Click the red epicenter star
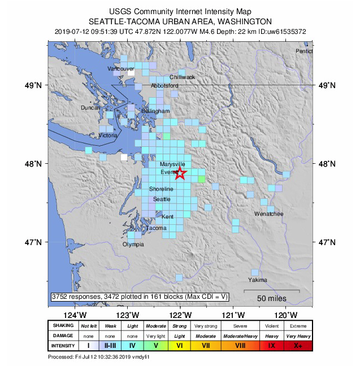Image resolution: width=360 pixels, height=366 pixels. (180, 173)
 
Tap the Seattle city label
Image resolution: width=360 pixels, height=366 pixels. (162, 199)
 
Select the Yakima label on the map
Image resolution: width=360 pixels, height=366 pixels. (257, 280)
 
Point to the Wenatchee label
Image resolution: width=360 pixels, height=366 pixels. (268, 215)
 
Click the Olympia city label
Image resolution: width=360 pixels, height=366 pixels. (133, 245)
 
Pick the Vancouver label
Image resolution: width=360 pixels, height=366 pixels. (121, 68)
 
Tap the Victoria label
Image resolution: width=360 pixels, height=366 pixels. (108, 136)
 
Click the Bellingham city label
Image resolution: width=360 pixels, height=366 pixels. (155, 111)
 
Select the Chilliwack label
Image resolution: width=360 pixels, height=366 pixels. (182, 77)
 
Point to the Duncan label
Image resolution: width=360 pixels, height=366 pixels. (90, 108)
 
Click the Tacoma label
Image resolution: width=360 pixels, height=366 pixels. (157, 228)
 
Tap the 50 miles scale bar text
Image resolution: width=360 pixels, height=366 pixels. (272, 298)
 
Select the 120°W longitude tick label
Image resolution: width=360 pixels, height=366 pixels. (287, 315)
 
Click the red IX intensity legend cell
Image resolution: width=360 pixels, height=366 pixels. (272, 345)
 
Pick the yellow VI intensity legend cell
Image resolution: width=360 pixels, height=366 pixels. (179, 345)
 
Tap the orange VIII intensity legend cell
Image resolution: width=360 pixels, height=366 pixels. (240, 345)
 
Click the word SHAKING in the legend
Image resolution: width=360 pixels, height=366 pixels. (63, 326)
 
